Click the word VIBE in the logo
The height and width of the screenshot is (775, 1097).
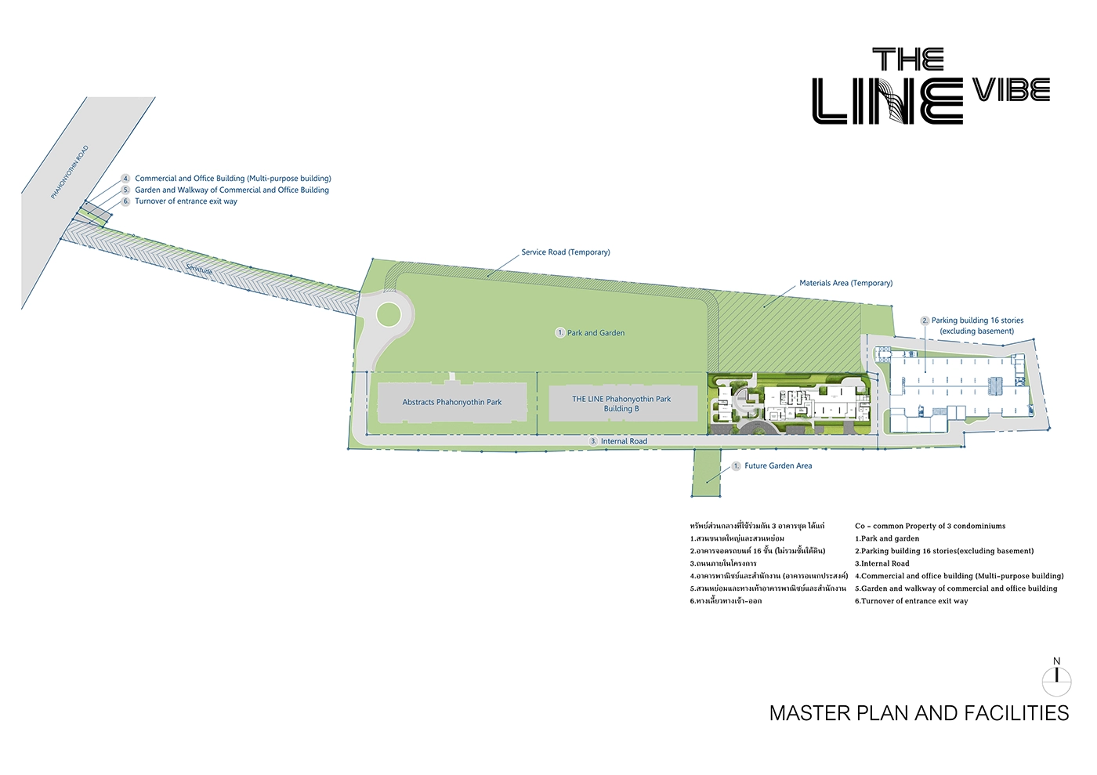coord(1012,90)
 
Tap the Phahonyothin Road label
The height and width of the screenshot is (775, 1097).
coord(70,172)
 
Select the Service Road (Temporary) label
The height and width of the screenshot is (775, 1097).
coord(565,252)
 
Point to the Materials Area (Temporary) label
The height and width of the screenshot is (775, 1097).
coord(845,283)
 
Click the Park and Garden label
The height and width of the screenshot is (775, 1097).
coord(596,333)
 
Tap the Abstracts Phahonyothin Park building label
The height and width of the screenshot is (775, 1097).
coord(452,402)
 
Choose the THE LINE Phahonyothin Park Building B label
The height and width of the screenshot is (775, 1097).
coord(621,404)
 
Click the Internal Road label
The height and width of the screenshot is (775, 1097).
coord(624,441)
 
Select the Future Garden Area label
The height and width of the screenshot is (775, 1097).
coord(778,465)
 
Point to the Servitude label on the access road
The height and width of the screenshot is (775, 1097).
coord(199,270)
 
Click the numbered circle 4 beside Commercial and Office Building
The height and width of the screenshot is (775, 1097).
coord(125,179)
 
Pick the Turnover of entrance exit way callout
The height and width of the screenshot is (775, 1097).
coord(186,201)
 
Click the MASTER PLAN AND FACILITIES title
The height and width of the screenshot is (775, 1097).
coord(919,713)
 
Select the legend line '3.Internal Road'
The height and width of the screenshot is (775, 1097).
coord(882,563)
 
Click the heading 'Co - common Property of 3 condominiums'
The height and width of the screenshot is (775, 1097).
coord(930,526)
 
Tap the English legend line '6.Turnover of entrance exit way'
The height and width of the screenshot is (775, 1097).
coord(911,601)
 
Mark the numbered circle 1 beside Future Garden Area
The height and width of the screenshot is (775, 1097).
coord(736,466)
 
